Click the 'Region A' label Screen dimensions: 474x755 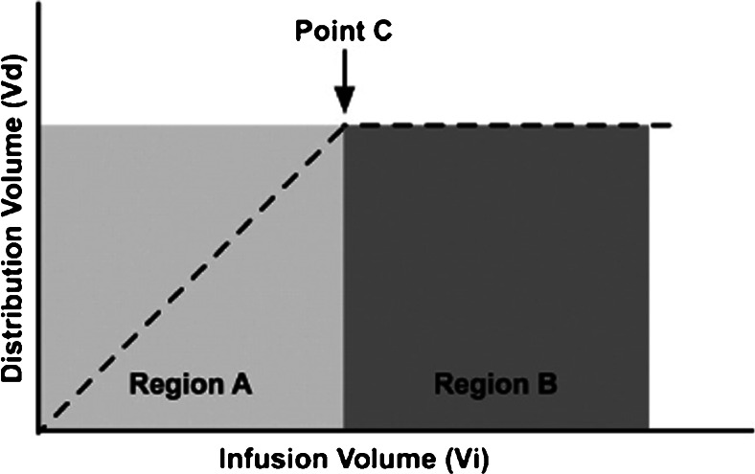coord(191,385)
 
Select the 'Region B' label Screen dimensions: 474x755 coord(496,385)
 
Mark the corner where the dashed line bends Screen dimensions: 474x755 coord(345,125)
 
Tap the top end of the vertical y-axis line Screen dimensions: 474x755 coord(38,3)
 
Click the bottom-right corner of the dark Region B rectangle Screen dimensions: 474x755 coord(649,428)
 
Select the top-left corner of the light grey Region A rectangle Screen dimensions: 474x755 coord(41,125)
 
